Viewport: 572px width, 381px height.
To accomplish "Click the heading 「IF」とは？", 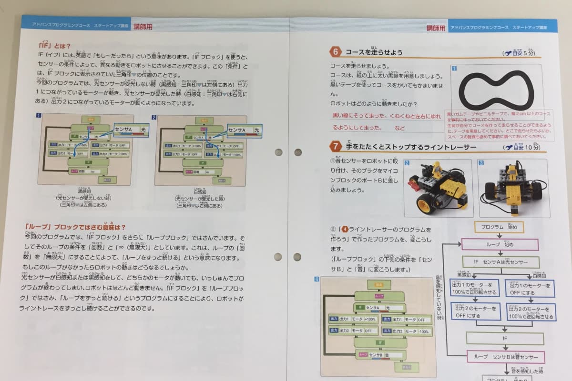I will click(x=54, y=46).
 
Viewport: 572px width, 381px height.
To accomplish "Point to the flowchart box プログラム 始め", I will click(x=499, y=227).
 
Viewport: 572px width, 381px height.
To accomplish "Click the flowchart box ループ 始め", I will click(x=500, y=244).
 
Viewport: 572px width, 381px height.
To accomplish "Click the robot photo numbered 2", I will click(x=438, y=188).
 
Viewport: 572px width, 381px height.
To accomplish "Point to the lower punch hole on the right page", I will click(x=298, y=257).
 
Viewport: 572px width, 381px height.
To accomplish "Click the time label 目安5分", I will click(x=520, y=53).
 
